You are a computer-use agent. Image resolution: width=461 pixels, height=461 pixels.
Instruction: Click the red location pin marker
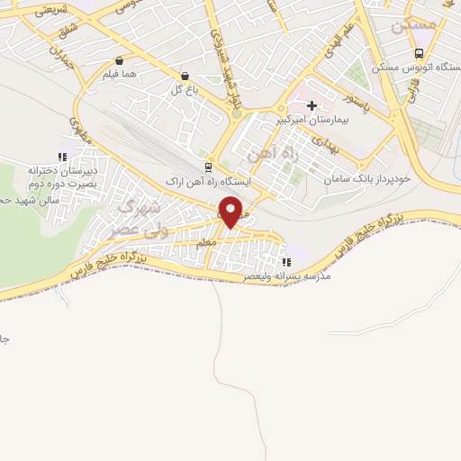(231, 212)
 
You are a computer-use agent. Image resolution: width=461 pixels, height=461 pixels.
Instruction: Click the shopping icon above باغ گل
(185, 77)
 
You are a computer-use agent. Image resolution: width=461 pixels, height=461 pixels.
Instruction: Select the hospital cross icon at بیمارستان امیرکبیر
(312, 106)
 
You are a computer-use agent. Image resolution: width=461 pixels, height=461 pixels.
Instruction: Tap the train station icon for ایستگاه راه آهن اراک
(209, 167)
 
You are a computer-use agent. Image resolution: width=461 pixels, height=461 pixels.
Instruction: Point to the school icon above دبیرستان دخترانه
(61, 156)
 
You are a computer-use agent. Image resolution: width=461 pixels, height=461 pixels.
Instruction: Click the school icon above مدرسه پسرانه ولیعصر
(285, 262)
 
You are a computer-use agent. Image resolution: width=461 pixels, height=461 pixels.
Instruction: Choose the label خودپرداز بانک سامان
(369, 179)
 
